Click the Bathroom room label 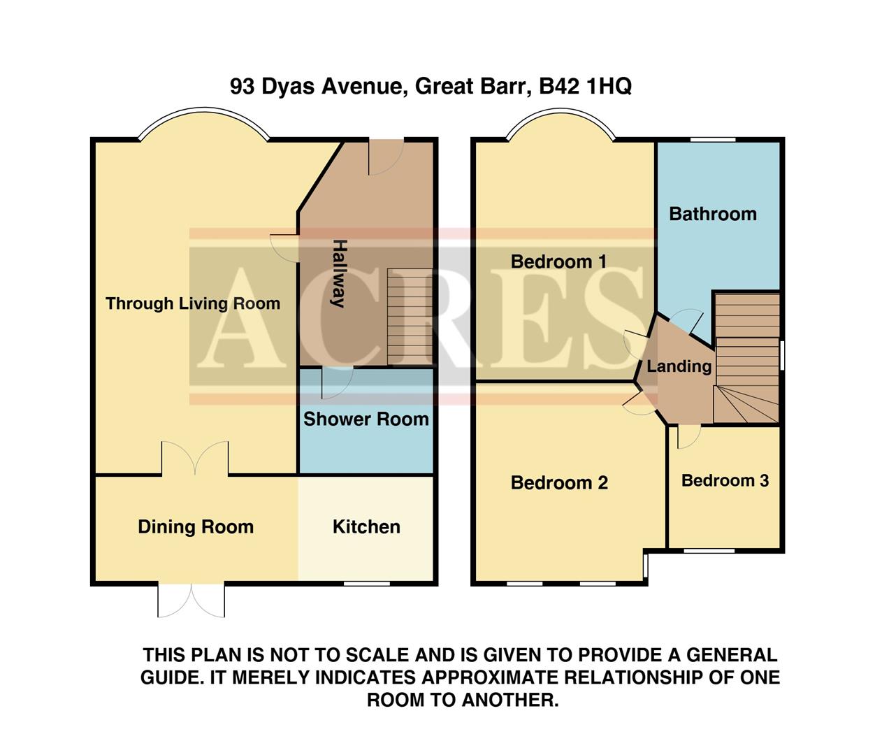coord(712,214)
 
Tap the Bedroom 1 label coord(558,261)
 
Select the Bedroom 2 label coord(558,482)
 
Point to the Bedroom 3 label coord(725,480)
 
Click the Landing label coord(678,366)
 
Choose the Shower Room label coord(366,419)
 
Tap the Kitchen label coord(366,526)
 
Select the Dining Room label coord(196,526)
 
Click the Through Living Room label coord(193,303)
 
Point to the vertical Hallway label coord(339,273)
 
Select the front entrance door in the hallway coord(386,157)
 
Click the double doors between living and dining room coord(195,459)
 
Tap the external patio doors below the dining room coord(191,601)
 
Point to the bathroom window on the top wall coord(713,140)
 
